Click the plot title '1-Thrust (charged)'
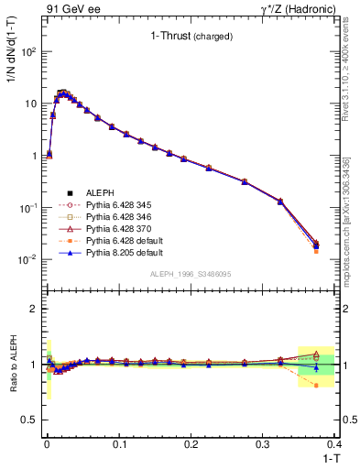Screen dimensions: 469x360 pos(191,37)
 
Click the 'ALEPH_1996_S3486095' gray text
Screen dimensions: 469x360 pos(190,274)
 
